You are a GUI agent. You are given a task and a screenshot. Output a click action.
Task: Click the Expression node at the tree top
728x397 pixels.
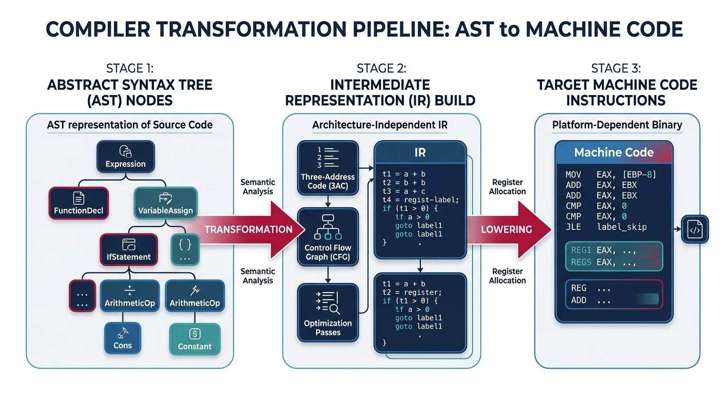click(125, 157)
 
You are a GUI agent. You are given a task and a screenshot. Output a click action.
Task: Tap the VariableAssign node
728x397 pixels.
click(165, 203)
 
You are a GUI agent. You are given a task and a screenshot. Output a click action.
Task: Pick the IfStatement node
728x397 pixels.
click(128, 250)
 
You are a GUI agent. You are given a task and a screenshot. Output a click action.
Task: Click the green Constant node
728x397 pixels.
click(194, 340)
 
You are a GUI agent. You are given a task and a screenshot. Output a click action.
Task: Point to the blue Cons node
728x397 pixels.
click(123, 339)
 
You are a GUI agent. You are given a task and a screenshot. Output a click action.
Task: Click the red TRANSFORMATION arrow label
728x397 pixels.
click(248, 230)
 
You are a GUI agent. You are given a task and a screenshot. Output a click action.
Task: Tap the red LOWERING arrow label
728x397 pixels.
click(506, 230)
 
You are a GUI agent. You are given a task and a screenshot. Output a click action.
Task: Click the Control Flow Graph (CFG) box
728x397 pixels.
click(328, 237)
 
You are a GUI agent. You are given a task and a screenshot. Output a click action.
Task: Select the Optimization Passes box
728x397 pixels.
click(328, 313)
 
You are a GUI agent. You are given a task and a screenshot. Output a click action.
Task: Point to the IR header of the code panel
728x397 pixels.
click(419, 154)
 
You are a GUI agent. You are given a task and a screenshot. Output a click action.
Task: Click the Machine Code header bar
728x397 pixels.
click(613, 152)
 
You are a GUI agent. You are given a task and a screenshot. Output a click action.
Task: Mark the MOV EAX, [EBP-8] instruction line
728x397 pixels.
click(610, 175)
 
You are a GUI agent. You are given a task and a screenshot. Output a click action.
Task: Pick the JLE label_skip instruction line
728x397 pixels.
click(605, 226)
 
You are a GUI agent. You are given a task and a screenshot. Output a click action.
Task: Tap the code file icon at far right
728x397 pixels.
click(695, 230)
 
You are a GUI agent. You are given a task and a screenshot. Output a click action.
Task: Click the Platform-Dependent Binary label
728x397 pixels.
click(617, 125)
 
